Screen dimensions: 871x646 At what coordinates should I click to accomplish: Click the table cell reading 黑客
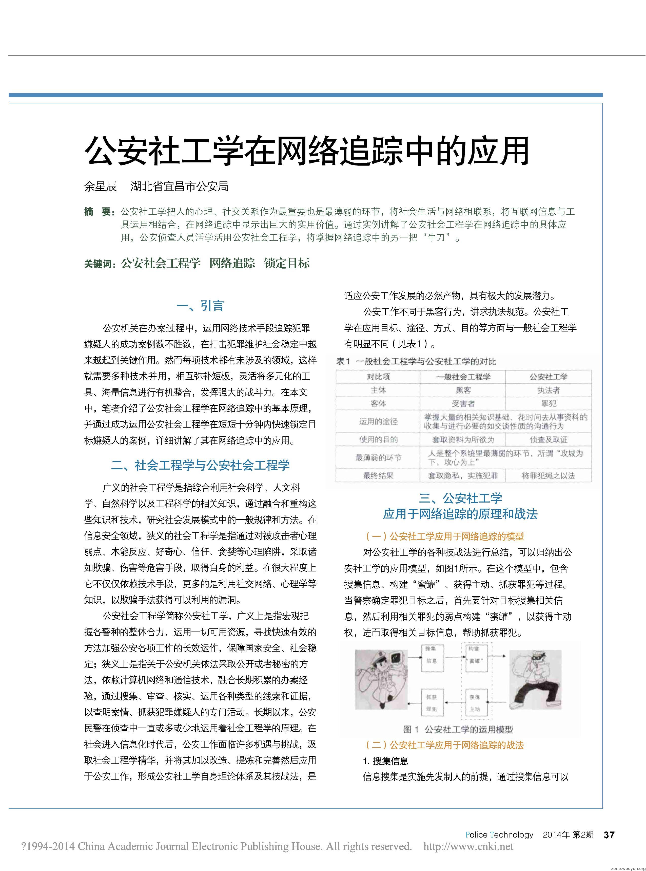click(x=463, y=390)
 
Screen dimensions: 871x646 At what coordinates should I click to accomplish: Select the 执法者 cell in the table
click(x=548, y=390)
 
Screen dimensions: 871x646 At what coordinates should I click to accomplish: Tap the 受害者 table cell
click(x=463, y=403)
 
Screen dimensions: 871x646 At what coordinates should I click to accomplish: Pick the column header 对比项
click(x=378, y=377)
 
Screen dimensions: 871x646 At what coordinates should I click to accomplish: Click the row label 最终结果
click(x=378, y=476)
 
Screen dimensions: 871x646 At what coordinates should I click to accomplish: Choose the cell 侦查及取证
click(x=548, y=440)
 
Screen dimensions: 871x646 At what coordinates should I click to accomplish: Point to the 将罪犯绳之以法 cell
click(x=548, y=476)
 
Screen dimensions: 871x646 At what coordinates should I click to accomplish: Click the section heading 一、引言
click(x=200, y=306)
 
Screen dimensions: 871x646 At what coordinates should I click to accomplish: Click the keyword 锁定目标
click(x=287, y=263)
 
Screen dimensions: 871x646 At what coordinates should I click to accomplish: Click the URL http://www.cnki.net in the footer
click(x=468, y=847)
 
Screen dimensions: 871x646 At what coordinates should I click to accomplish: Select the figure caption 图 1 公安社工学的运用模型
click(x=458, y=729)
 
